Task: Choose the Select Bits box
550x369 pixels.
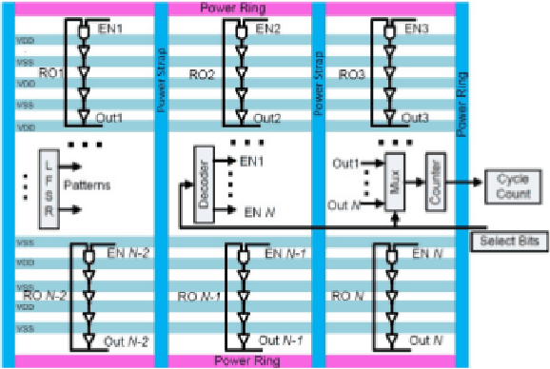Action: click(510, 242)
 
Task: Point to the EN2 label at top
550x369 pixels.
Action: click(267, 28)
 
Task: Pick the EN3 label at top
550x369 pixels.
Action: click(418, 28)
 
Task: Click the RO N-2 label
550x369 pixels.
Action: click(41, 296)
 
